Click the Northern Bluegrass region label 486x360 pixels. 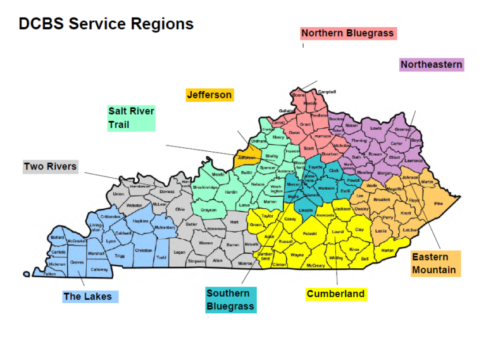coord(347,34)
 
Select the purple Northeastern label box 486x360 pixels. coord(432,65)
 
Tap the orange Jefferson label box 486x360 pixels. coord(209,95)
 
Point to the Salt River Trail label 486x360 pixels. coord(131,118)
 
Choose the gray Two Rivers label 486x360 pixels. coord(50,167)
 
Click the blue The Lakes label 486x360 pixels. coord(87,296)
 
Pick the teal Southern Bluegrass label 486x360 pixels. coord(230,300)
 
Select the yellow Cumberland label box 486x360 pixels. coord(335,294)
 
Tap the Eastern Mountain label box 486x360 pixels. coord(434,263)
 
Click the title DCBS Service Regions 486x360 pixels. coord(106,24)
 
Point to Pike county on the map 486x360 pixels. coord(439,204)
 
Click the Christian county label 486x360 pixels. coord(144,251)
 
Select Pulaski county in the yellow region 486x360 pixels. coord(309,233)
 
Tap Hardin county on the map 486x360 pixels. coord(231,191)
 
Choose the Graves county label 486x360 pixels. coord(77,262)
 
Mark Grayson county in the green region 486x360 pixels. coord(208,210)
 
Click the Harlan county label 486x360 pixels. coord(387,250)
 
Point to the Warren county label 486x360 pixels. coord(206,242)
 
